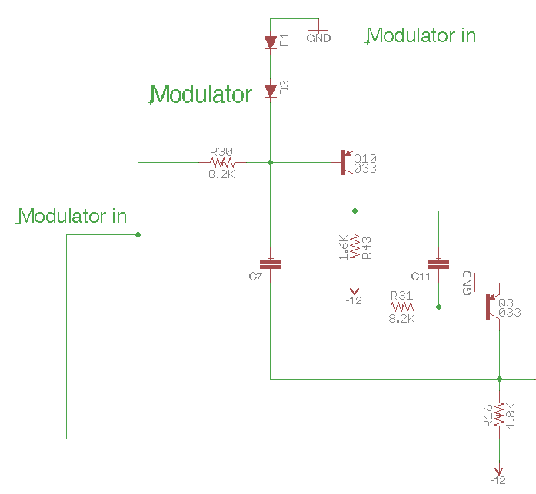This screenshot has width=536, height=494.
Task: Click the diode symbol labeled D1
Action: click(271, 42)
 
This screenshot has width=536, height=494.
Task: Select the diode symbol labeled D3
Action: click(271, 91)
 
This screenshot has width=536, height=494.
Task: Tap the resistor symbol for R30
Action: click(222, 163)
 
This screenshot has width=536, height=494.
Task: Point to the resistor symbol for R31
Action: click(403, 307)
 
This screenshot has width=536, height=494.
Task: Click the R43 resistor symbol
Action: click(355, 247)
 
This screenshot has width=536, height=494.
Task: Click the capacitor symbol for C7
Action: click(271, 264)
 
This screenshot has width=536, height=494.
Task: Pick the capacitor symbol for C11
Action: click(438, 264)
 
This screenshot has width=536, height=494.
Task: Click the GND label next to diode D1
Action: click(318, 38)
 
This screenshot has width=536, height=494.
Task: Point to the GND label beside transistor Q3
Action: click(468, 283)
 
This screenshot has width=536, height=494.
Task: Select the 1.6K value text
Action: click(343, 247)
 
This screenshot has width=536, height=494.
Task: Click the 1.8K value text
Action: click(510, 415)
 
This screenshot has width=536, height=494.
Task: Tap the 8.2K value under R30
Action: click(221, 174)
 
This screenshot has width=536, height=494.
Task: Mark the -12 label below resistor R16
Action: click(498, 480)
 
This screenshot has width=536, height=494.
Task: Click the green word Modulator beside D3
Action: click(201, 94)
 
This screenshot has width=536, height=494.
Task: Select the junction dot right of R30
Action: click(271, 163)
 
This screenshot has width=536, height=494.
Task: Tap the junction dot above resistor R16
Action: click(499, 379)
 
